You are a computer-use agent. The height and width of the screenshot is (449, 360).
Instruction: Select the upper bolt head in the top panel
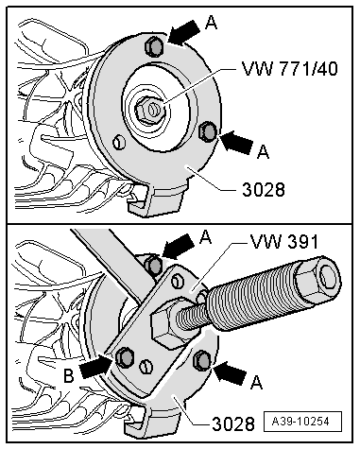(150, 46)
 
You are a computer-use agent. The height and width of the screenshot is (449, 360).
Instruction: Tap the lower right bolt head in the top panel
(210, 130)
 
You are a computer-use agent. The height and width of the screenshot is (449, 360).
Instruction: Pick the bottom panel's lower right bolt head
(200, 360)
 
